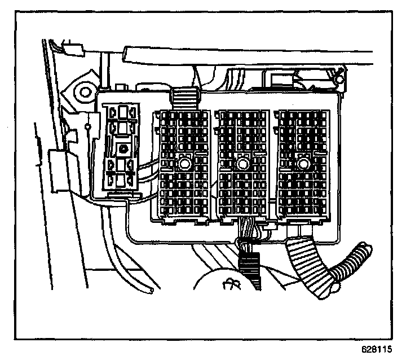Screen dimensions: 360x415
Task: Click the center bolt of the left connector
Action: point(184,164)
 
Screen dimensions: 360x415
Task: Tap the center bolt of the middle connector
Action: point(243,164)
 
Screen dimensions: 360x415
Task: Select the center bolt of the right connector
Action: point(304,164)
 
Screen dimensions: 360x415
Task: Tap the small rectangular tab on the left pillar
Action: point(57,170)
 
